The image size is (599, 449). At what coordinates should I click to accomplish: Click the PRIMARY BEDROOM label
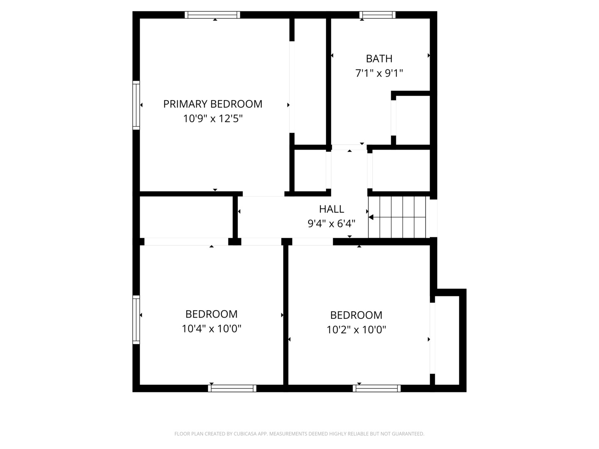213,104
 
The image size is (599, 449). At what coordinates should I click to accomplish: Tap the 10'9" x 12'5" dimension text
213,118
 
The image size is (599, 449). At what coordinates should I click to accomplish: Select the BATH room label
379,59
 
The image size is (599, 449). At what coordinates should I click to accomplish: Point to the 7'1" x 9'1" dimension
379,73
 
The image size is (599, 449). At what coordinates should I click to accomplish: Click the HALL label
332,209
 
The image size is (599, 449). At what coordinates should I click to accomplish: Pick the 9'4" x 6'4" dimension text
332,224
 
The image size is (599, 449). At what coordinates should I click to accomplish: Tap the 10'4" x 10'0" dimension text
211,329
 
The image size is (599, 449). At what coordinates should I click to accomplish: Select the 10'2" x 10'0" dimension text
356,330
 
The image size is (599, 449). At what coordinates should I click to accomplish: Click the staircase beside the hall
397,217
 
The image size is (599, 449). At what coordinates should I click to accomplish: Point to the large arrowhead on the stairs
371,217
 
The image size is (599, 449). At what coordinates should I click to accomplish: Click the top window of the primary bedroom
212,15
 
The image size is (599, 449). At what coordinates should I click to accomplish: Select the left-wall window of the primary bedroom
136,105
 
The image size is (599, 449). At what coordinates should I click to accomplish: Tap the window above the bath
377,15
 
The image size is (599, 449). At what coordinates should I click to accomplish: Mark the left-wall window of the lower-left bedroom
136,320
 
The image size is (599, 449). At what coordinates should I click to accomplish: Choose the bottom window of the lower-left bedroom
232,388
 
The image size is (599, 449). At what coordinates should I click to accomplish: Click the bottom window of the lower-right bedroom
376,388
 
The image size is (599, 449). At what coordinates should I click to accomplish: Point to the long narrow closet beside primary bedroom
310,81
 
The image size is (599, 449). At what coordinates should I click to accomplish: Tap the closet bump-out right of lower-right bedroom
447,340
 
